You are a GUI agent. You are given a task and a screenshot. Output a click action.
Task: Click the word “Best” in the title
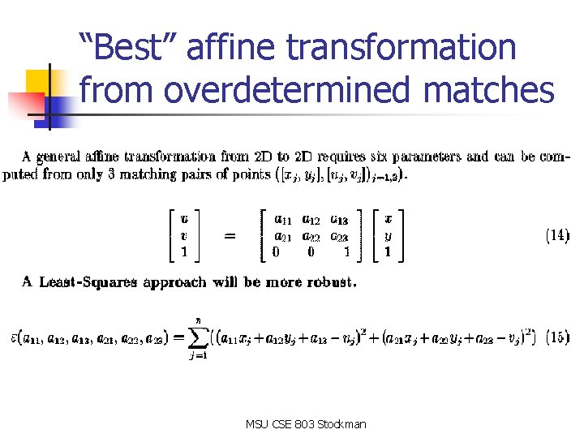130,48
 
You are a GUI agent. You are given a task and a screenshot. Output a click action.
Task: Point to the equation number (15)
557,334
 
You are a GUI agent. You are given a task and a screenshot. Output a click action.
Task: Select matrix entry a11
284,218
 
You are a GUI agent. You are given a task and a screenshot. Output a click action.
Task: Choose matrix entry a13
339,218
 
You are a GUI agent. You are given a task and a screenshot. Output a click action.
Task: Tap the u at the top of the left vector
185,218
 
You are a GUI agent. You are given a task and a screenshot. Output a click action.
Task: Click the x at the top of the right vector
388,218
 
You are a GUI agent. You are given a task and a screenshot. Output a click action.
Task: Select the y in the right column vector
388,235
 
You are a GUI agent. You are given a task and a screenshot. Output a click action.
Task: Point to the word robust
329,282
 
